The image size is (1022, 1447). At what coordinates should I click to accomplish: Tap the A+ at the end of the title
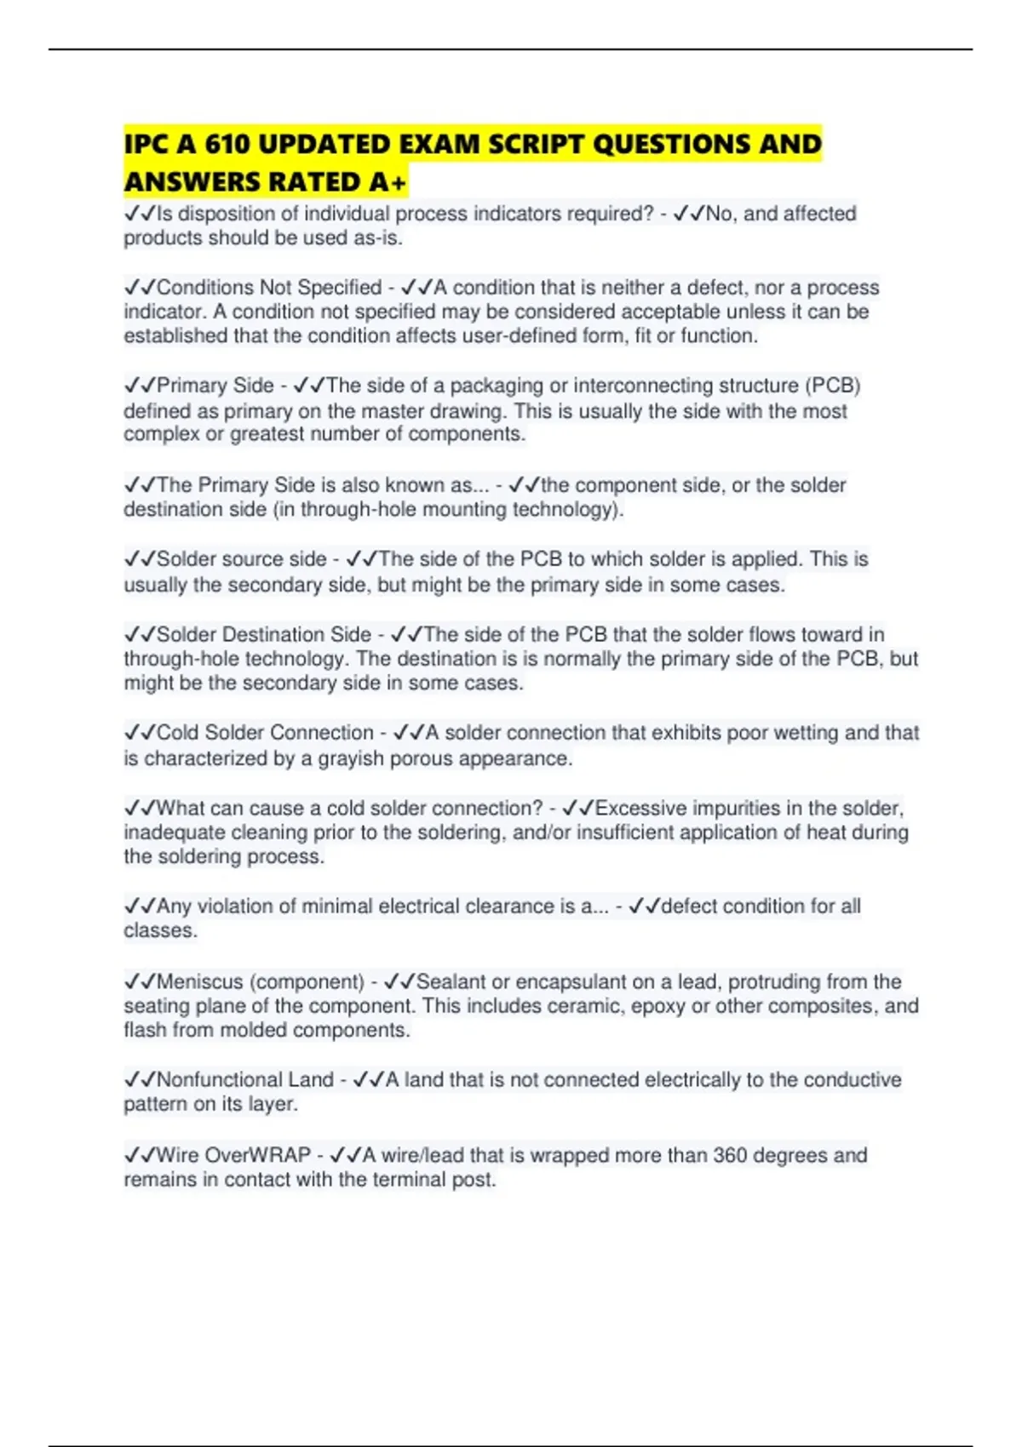coord(388,182)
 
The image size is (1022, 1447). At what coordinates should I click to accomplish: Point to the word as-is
coord(379,238)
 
